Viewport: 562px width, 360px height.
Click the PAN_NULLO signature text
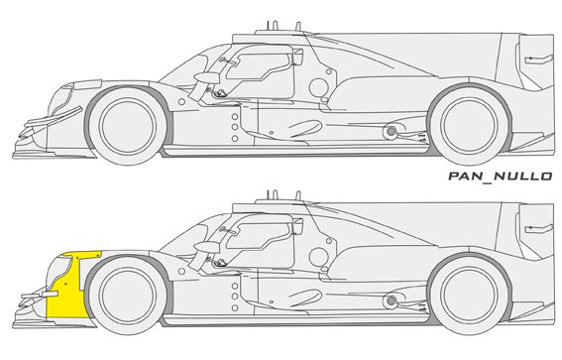[501, 177]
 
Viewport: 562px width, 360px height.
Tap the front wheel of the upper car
[128, 126]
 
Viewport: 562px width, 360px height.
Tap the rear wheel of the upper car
[469, 125]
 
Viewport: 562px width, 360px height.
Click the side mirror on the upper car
[206, 77]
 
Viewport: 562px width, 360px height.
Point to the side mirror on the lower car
[206, 247]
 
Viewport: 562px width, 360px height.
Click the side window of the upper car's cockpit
[259, 66]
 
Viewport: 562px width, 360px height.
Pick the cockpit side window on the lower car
[259, 236]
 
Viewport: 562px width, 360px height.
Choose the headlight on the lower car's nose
[58, 269]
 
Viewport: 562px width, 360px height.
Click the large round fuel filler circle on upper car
[318, 87]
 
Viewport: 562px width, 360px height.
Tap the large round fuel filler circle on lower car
[318, 257]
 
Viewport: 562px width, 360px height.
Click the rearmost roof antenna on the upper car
[297, 27]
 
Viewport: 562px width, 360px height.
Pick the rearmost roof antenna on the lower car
[297, 196]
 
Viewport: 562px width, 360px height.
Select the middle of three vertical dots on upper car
[235, 127]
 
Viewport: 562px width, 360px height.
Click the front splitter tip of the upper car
[13, 156]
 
